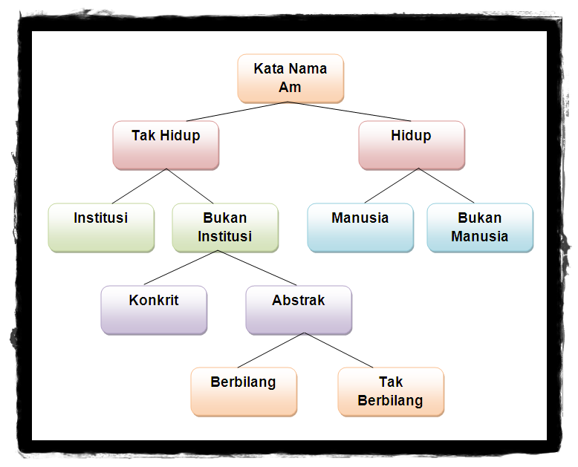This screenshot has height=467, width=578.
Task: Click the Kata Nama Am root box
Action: [x=290, y=78]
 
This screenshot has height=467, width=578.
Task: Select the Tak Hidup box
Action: [x=166, y=145]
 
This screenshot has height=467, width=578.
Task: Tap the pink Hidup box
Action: [x=411, y=145]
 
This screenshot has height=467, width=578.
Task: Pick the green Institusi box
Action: [x=101, y=227]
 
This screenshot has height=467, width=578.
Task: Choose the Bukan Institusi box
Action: [x=225, y=227]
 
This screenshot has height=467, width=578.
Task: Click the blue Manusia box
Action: [x=360, y=227]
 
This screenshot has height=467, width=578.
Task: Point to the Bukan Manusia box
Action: [x=480, y=227]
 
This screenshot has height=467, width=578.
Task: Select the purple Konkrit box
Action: [x=154, y=310]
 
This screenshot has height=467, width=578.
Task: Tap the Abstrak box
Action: [x=299, y=310]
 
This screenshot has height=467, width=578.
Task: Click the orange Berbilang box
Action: [x=244, y=391]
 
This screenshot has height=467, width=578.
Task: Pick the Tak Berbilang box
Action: [x=391, y=391]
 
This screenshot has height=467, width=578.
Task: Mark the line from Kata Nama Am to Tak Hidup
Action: [x=238, y=111]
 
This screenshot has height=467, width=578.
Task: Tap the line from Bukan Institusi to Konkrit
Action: [x=180, y=268]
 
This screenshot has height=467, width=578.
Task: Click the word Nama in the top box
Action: [x=308, y=69]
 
